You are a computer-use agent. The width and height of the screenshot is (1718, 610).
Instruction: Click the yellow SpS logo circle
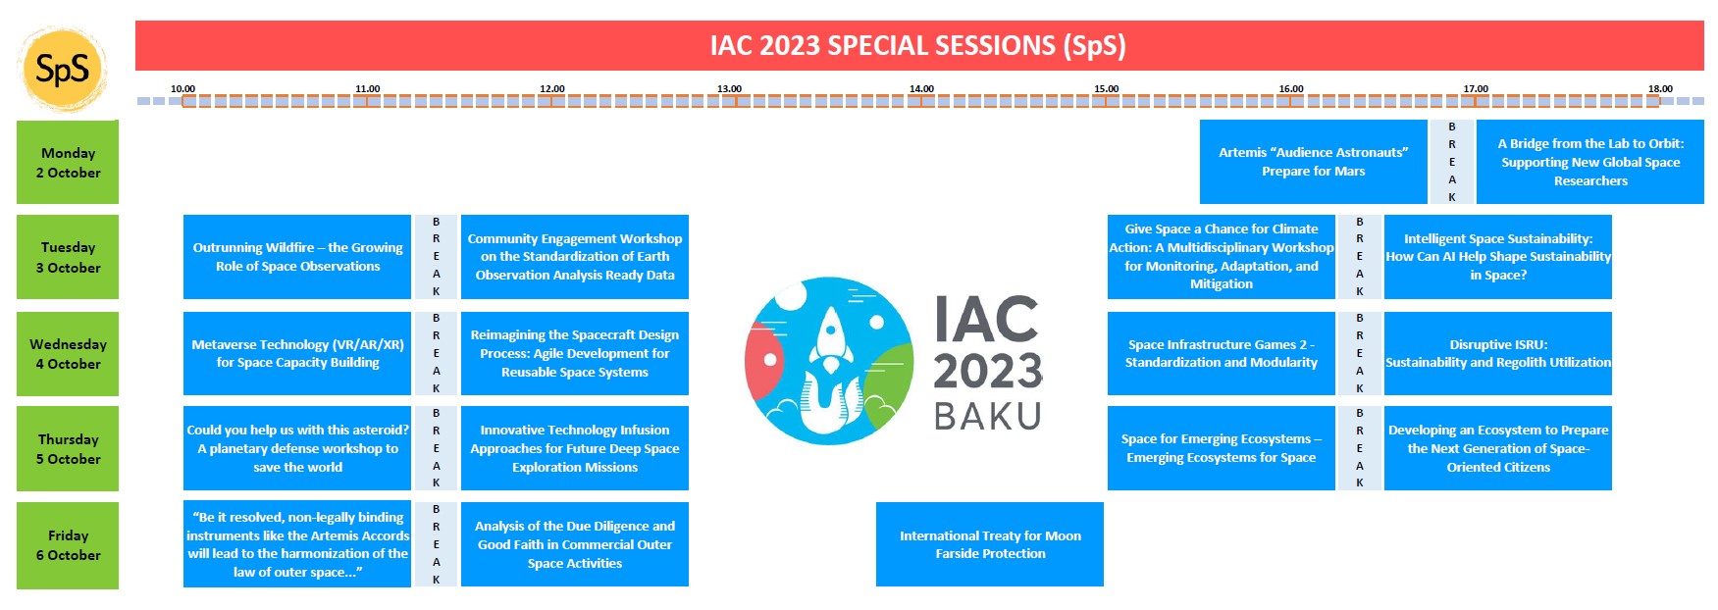click(x=62, y=70)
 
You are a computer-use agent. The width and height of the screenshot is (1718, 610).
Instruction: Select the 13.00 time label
click(x=729, y=89)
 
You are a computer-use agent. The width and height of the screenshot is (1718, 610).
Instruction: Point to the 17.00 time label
click(x=1476, y=89)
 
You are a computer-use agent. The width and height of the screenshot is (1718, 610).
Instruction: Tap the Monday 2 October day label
click(x=68, y=163)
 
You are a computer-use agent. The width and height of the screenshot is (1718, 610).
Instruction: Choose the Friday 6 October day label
click(x=68, y=545)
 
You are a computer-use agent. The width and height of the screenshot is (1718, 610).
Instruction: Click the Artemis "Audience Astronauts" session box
click(x=1313, y=162)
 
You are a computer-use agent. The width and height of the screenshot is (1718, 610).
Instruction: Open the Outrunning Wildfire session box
click(x=297, y=257)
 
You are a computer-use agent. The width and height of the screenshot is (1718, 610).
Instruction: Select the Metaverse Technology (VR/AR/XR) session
click(x=297, y=353)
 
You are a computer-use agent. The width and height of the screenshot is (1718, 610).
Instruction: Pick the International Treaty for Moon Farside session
click(x=990, y=544)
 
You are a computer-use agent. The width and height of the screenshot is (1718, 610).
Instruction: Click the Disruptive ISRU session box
click(x=1498, y=353)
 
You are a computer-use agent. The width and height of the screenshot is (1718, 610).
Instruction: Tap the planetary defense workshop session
click(x=297, y=448)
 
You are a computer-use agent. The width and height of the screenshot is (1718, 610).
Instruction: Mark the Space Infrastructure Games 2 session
click(x=1222, y=353)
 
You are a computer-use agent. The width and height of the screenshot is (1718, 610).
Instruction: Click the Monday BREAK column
click(x=1452, y=162)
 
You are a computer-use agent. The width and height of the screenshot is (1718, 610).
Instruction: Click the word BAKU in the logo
click(x=987, y=417)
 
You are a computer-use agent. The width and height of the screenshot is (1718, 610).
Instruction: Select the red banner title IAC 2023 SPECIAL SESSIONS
click(x=918, y=45)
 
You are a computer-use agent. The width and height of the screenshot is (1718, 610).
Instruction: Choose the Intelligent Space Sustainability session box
click(x=1498, y=257)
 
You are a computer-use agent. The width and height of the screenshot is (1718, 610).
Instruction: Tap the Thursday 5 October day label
click(x=68, y=449)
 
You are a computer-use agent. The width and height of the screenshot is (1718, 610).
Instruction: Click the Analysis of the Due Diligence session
click(x=575, y=544)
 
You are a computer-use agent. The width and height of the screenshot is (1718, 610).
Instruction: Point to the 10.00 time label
click(x=182, y=89)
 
